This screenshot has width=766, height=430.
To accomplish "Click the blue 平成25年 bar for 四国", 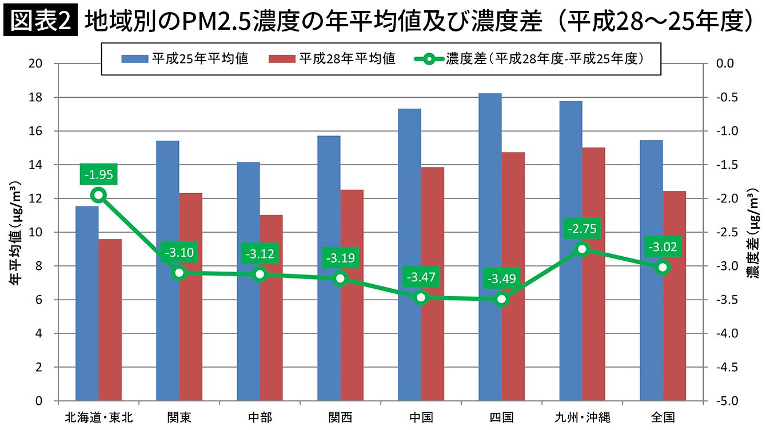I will tap(490, 246).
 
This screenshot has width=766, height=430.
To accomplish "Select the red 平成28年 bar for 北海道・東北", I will tap(110, 320).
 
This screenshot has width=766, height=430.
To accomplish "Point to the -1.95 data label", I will tap(98, 174).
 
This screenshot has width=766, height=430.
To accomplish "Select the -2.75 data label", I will tap(582, 229).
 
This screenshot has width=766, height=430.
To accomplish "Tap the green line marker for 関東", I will tap(179, 273).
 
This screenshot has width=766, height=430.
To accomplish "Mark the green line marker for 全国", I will tap(663, 267).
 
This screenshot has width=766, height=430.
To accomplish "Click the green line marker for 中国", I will tap(421, 297).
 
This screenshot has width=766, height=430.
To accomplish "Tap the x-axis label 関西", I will tap(340, 417).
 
